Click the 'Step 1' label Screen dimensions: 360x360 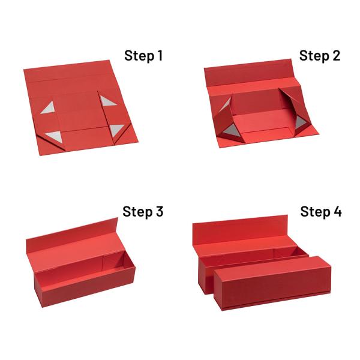(x=143, y=56)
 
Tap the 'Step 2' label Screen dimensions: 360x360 (x=320, y=56)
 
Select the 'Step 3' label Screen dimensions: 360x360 (x=143, y=211)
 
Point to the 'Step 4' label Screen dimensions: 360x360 (x=321, y=211)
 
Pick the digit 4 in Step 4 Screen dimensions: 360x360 (x=337, y=211)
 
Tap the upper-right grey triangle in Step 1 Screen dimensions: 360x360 (x=107, y=101)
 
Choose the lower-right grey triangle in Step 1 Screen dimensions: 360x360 (x=116, y=130)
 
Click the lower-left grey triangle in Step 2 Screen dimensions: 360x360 (x=232, y=130)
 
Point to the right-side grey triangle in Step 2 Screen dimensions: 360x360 (x=300, y=122)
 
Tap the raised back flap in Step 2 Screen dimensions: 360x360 (x=248, y=73)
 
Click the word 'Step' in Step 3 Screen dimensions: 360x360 (x=137, y=212)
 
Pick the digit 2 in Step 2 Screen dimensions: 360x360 (x=336, y=55)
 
